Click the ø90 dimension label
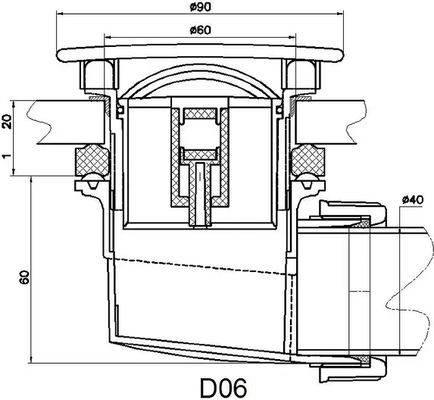pos(201,7)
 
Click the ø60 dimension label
pos(201,30)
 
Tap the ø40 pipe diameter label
pos(413,199)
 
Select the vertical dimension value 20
pos(7,121)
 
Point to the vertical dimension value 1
pos(7,156)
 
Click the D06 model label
pos(223,388)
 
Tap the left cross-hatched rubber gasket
pos(92,160)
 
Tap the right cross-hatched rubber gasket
pos(308,160)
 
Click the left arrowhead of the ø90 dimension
pos(59,14)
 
